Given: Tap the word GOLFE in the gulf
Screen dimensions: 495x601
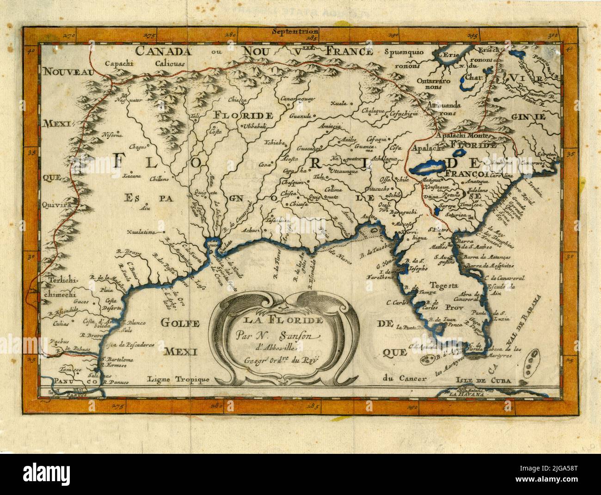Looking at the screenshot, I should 179,322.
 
